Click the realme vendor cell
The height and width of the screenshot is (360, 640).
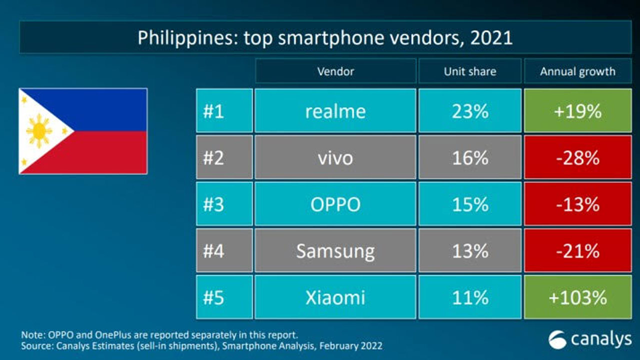click(x=335, y=111)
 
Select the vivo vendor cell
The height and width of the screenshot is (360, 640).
click(x=335, y=157)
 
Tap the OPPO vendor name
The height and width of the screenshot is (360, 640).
click(x=335, y=204)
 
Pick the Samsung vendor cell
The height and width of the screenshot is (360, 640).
click(x=335, y=250)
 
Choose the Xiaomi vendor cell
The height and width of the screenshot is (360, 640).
click(x=335, y=297)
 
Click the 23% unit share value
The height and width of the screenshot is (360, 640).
click(x=469, y=111)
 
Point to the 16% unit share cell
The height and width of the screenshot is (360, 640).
click(x=469, y=157)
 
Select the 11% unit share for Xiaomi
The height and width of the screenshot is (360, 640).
click(x=469, y=297)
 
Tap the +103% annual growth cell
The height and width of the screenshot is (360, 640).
click(x=577, y=297)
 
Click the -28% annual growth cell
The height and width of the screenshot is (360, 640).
click(x=577, y=157)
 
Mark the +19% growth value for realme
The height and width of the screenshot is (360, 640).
click(x=577, y=111)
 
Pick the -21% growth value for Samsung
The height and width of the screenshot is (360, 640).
click(x=577, y=250)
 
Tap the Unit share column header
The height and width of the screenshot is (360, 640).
click(x=469, y=71)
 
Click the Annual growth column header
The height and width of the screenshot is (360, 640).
click(x=577, y=71)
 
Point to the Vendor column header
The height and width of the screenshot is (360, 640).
click(x=335, y=71)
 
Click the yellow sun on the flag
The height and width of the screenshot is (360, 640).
click(x=39, y=131)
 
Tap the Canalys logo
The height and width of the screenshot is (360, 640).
click(x=589, y=339)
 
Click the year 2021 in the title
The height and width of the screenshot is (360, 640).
click(x=491, y=38)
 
